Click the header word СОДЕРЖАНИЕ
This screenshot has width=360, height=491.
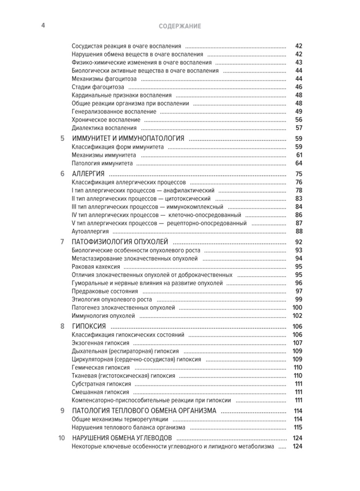180,26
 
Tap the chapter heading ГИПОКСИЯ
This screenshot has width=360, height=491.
89,326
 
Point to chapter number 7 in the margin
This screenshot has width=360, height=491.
62,241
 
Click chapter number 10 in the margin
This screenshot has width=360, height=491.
61,438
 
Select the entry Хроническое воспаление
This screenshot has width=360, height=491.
106,119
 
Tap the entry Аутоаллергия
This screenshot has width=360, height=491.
87,231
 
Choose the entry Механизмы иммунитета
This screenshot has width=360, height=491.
104,155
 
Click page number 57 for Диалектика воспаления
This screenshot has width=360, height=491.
298,128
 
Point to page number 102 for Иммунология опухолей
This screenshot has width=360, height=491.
297,315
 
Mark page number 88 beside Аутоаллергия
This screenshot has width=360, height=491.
298,231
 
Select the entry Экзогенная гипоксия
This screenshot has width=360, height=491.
100,343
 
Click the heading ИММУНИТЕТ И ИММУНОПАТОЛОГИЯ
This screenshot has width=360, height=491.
128,138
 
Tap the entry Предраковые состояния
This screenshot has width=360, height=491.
105,291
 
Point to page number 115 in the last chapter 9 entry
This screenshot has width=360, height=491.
297,427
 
